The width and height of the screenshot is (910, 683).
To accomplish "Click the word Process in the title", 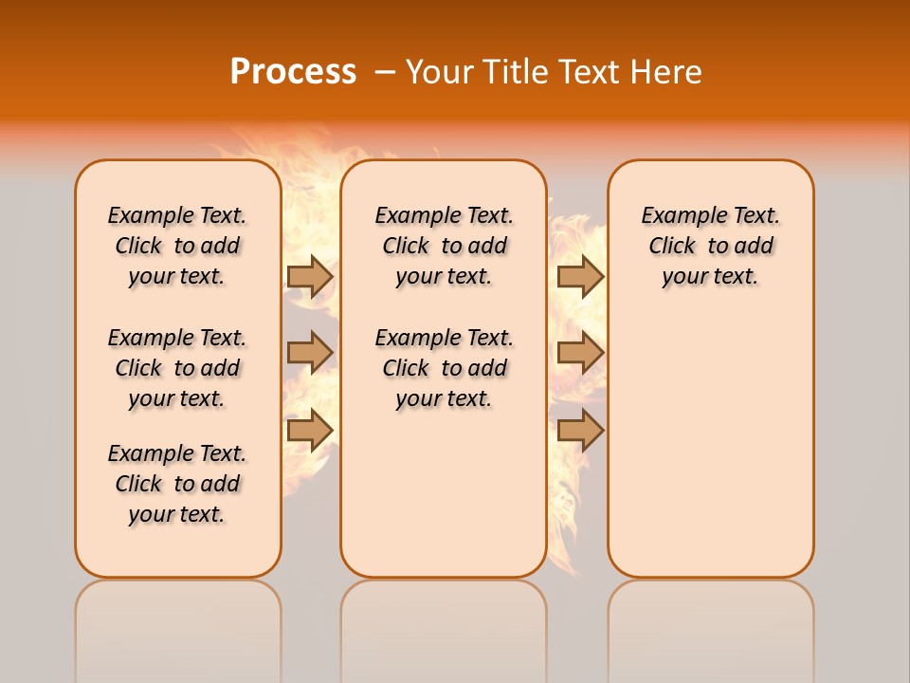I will click(293, 71).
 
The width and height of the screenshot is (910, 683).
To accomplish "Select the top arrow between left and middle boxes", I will click(310, 276).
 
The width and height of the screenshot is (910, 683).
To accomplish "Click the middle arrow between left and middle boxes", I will click(310, 353).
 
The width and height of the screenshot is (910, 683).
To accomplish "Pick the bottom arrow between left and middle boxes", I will click(310, 430).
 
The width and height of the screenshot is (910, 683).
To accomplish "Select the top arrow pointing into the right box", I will click(580, 276).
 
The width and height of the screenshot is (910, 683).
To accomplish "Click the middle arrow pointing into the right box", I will click(580, 353).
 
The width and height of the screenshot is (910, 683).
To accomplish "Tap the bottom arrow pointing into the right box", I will click(580, 430).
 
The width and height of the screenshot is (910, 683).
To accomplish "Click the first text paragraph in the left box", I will click(177, 246).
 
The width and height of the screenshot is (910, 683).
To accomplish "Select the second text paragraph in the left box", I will click(177, 368).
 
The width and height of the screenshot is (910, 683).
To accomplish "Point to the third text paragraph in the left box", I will click(177, 484).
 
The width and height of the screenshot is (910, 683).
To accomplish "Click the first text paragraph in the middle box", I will click(444, 246).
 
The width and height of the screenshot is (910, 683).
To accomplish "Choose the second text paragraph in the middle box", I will click(444, 368).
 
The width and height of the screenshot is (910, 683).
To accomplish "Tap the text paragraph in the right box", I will click(711, 246).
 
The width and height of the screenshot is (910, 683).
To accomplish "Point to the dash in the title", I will click(385, 71).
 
